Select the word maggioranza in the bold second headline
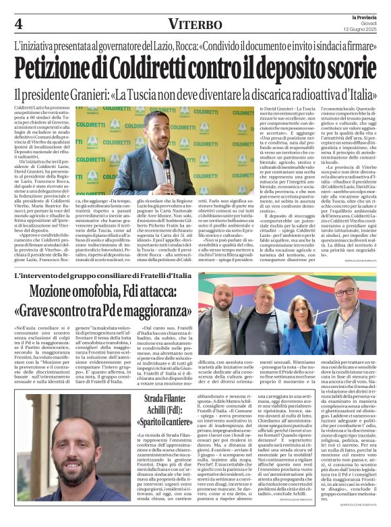pos(152,314)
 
